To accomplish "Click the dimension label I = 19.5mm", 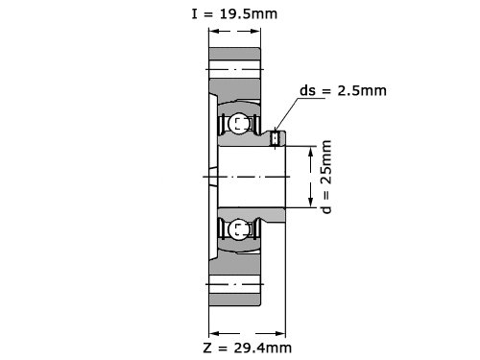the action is click(234, 14).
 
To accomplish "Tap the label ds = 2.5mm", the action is click(343, 91).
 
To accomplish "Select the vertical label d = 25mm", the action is click(326, 177).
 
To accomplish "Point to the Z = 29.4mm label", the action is click(248, 348).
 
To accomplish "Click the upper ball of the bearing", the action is click(238, 123).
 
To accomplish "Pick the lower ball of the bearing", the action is click(238, 228).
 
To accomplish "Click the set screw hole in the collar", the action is click(276, 138).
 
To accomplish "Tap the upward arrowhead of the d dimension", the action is click(310, 151).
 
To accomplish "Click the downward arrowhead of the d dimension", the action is click(310, 203).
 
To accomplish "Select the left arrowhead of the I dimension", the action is click(214, 31).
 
